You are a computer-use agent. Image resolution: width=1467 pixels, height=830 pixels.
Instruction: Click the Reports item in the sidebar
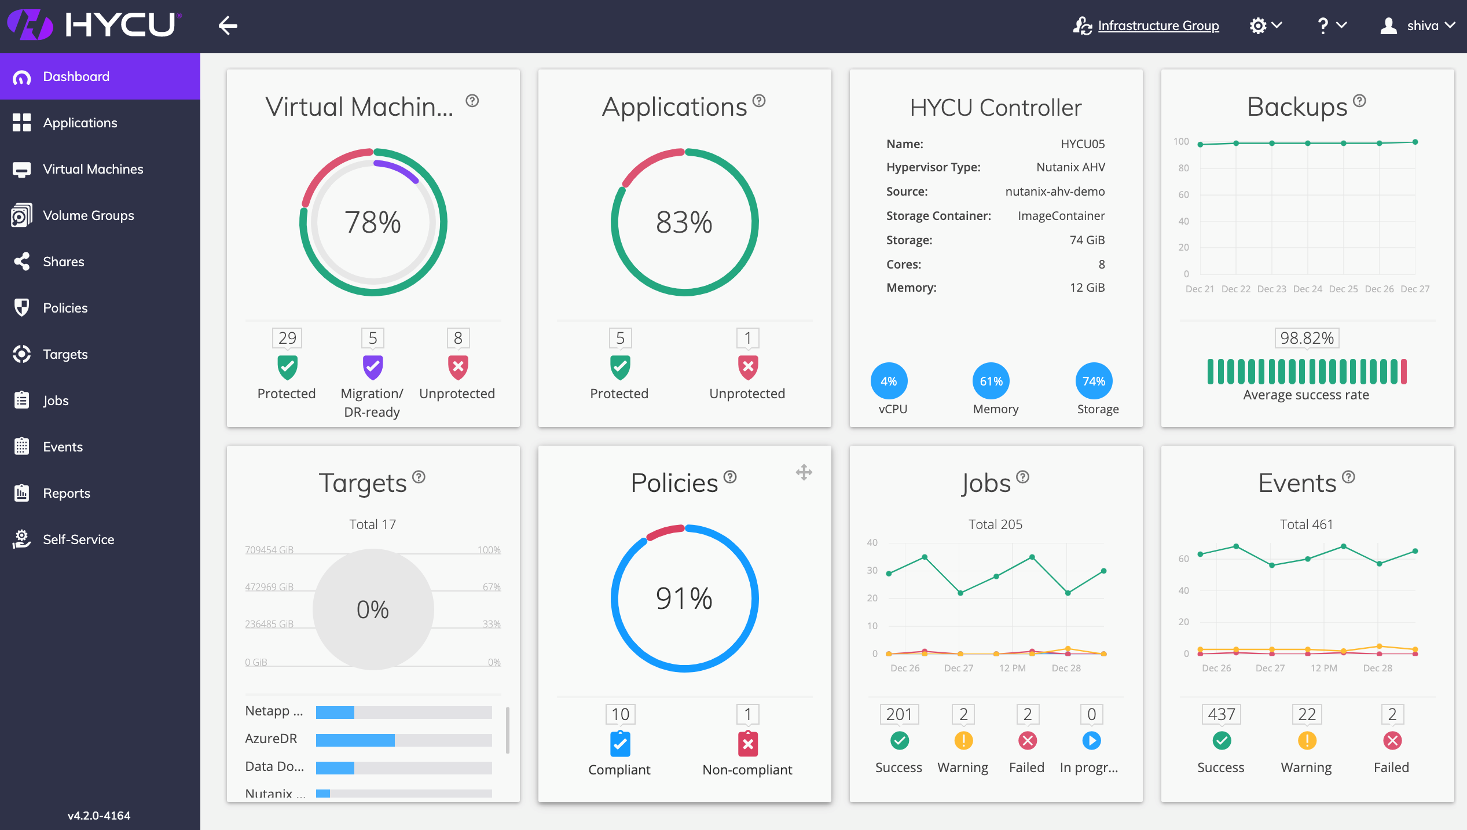66,493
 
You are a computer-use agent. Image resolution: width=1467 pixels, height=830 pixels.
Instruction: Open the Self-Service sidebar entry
78,539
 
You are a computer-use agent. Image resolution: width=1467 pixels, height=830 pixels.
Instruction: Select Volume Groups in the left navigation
88,215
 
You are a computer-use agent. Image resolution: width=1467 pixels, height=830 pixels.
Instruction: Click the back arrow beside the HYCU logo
228,25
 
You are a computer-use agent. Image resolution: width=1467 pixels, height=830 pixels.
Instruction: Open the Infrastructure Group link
1158,25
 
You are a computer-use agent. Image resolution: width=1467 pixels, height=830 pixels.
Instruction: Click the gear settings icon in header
1258,25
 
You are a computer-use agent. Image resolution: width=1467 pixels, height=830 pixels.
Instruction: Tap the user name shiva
1422,25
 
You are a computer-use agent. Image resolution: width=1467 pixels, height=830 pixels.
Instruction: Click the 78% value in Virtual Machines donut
373,222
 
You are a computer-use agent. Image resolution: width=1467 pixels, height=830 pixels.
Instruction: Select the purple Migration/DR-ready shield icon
373,367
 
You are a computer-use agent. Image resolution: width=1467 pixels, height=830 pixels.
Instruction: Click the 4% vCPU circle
889,381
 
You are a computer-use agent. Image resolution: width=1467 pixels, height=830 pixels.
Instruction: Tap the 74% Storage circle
1094,381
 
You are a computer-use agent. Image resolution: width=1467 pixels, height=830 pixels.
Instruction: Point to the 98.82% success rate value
1307,338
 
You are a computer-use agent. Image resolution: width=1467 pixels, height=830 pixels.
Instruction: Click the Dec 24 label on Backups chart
1308,289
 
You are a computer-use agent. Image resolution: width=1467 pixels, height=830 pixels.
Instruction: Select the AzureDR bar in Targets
404,740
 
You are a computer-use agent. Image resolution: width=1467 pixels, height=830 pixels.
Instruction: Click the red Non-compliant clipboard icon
748,744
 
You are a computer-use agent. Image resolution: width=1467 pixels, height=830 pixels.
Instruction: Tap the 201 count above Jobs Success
899,714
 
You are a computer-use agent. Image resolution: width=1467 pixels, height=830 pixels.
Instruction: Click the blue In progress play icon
1091,740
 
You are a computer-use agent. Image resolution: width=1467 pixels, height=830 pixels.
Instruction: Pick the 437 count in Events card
1222,714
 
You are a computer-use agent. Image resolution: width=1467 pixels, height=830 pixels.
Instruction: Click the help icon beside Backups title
1360,101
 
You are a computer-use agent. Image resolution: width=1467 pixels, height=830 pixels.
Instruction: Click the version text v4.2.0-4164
99,816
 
